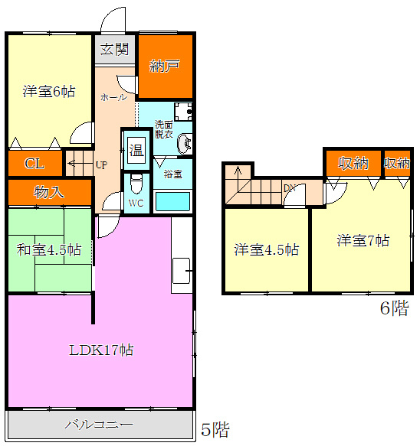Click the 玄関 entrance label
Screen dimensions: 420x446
pyautogui.click(x=114, y=49)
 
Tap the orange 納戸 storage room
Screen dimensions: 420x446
pyautogui.click(x=166, y=67)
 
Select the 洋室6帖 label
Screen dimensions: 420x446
pyautogui.click(x=49, y=92)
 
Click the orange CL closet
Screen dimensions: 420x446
pyautogui.click(x=35, y=163)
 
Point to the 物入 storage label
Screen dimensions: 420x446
pyautogui.click(x=49, y=192)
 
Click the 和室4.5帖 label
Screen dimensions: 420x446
pyautogui.click(x=49, y=249)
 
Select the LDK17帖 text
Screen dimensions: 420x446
pyautogui.click(x=101, y=350)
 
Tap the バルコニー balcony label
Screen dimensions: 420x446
pyautogui.click(x=99, y=425)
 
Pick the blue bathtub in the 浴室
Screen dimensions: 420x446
pyautogui.click(x=172, y=202)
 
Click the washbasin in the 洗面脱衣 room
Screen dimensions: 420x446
pyautogui.click(x=184, y=144)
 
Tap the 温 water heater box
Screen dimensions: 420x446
pyautogui.click(x=136, y=150)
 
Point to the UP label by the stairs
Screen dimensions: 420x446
pyautogui.click(x=101, y=165)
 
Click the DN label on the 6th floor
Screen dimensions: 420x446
pyautogui.click(x=290, y=188)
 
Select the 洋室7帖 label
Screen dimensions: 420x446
pyautogui.click(x=363, y=240)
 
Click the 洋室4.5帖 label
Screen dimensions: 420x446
pyautogui.click(x=267, y=249)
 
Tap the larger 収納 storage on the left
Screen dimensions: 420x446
pyautogui.click(x=353, y=163)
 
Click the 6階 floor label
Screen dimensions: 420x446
pyautogui.click(x=395, y=308)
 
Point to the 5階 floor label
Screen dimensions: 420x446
pyautogui.click(x=215, y=429)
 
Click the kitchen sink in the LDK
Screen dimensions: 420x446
pyautogui.click(x=181, y=271)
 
